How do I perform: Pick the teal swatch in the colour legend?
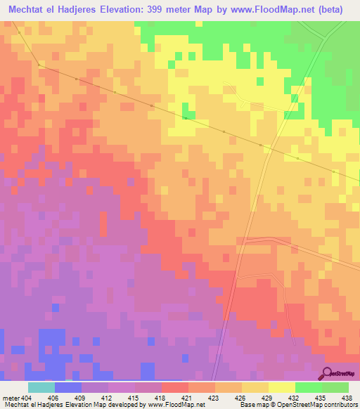(x=41, y=387)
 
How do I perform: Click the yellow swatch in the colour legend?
(x=282, y=387)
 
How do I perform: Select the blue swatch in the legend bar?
(x=68, y=387)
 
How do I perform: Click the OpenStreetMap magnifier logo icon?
(x=328, y=373)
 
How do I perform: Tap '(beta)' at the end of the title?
(x=337, y=10)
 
